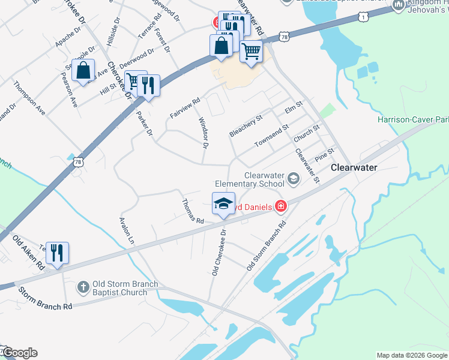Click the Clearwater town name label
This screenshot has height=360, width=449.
[x=354, y=168]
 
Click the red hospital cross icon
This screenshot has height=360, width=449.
[x=280, y=206]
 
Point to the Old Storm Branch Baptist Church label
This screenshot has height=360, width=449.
[x=121, y=288]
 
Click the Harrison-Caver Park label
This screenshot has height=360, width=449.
[x=413, y=119]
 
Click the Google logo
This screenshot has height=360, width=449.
[x=19, y=353]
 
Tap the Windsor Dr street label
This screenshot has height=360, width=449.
[x=203, y=133]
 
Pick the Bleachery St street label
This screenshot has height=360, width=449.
[x=246, y=127]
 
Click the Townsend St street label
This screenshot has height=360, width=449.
[x=271, y=136]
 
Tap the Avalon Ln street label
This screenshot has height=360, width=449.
[x=126, y=232]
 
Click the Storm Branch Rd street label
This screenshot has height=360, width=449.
[x=45, y=298]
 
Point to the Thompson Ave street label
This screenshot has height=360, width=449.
[x=30, y=99]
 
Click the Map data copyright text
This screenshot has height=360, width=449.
[x=412, y=355]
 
